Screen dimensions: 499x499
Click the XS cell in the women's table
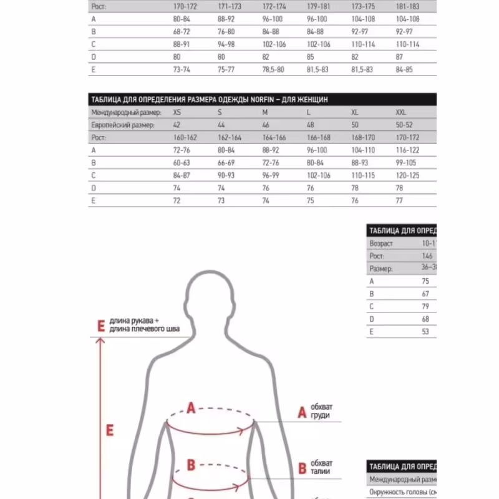coord(177,113)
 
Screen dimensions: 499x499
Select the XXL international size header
coord(401,113)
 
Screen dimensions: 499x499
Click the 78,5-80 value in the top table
coord(273,70)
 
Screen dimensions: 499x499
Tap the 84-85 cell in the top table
coord(404,70)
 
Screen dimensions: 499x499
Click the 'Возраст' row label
coord(381,244)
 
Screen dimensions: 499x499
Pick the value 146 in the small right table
coord(427,256)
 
